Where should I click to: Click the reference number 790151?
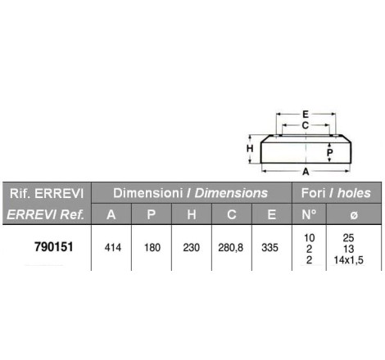tap(54, 247)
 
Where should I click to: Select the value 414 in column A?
tap(113, 248)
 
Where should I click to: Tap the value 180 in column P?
tap(152, 248)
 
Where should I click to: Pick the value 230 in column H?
tap(192, 248)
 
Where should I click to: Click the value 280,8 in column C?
tap(231, 248)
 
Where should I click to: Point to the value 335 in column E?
tap(269, 248)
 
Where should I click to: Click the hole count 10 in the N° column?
tap(310, 238)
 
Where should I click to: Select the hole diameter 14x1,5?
tap(349, 260)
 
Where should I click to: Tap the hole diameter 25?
tap(348, 238)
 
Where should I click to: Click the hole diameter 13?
tap(349, 249)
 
